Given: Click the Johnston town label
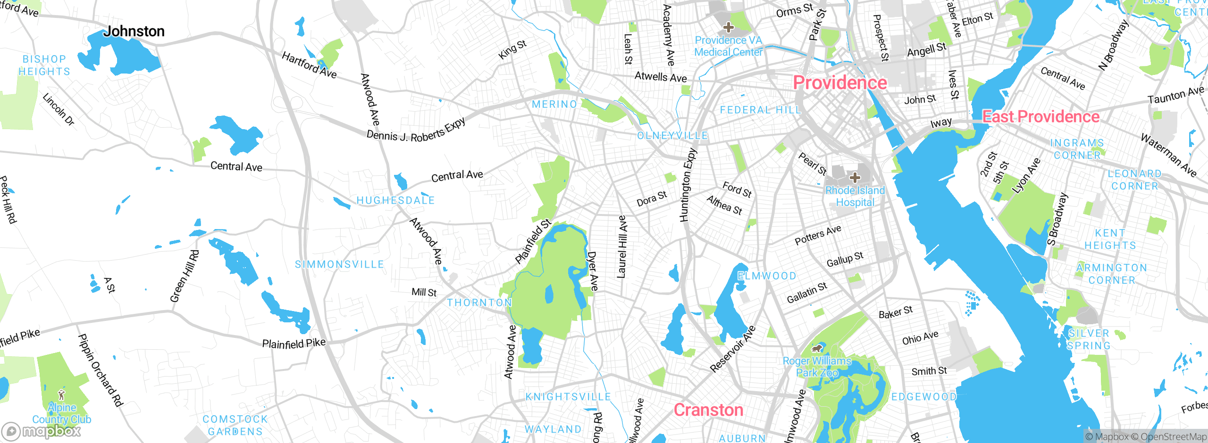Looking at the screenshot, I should (x=134, y=32).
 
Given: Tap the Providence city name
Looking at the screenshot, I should (x=840, y=83).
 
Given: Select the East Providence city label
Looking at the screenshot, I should (x=1040, y=117).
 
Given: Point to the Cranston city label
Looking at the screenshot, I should (x=708, y=410).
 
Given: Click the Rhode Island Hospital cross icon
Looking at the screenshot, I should (x=855, y=178).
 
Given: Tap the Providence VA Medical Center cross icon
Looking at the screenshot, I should (x=728, y=27).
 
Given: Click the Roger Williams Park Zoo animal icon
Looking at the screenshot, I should (x=817, y=349).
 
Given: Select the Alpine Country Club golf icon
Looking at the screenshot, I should (x=61, y=394).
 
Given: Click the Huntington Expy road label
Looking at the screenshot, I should (x=688, y=185).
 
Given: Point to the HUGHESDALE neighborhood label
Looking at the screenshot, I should (x=395, y=201).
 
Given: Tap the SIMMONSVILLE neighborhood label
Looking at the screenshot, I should (x=339, y=265).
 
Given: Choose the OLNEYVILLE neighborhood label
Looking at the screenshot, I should (x=672, y=136).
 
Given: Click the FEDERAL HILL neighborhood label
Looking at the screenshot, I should (x=760, y=110).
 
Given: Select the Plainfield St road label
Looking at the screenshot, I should (x=533, y=241).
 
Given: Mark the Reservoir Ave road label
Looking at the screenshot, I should (x=733, y=349).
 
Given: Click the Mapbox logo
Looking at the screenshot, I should (x=42, y=431).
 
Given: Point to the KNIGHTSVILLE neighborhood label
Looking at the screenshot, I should (x=568, y=397).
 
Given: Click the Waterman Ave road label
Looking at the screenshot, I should (x=1168, y=155).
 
